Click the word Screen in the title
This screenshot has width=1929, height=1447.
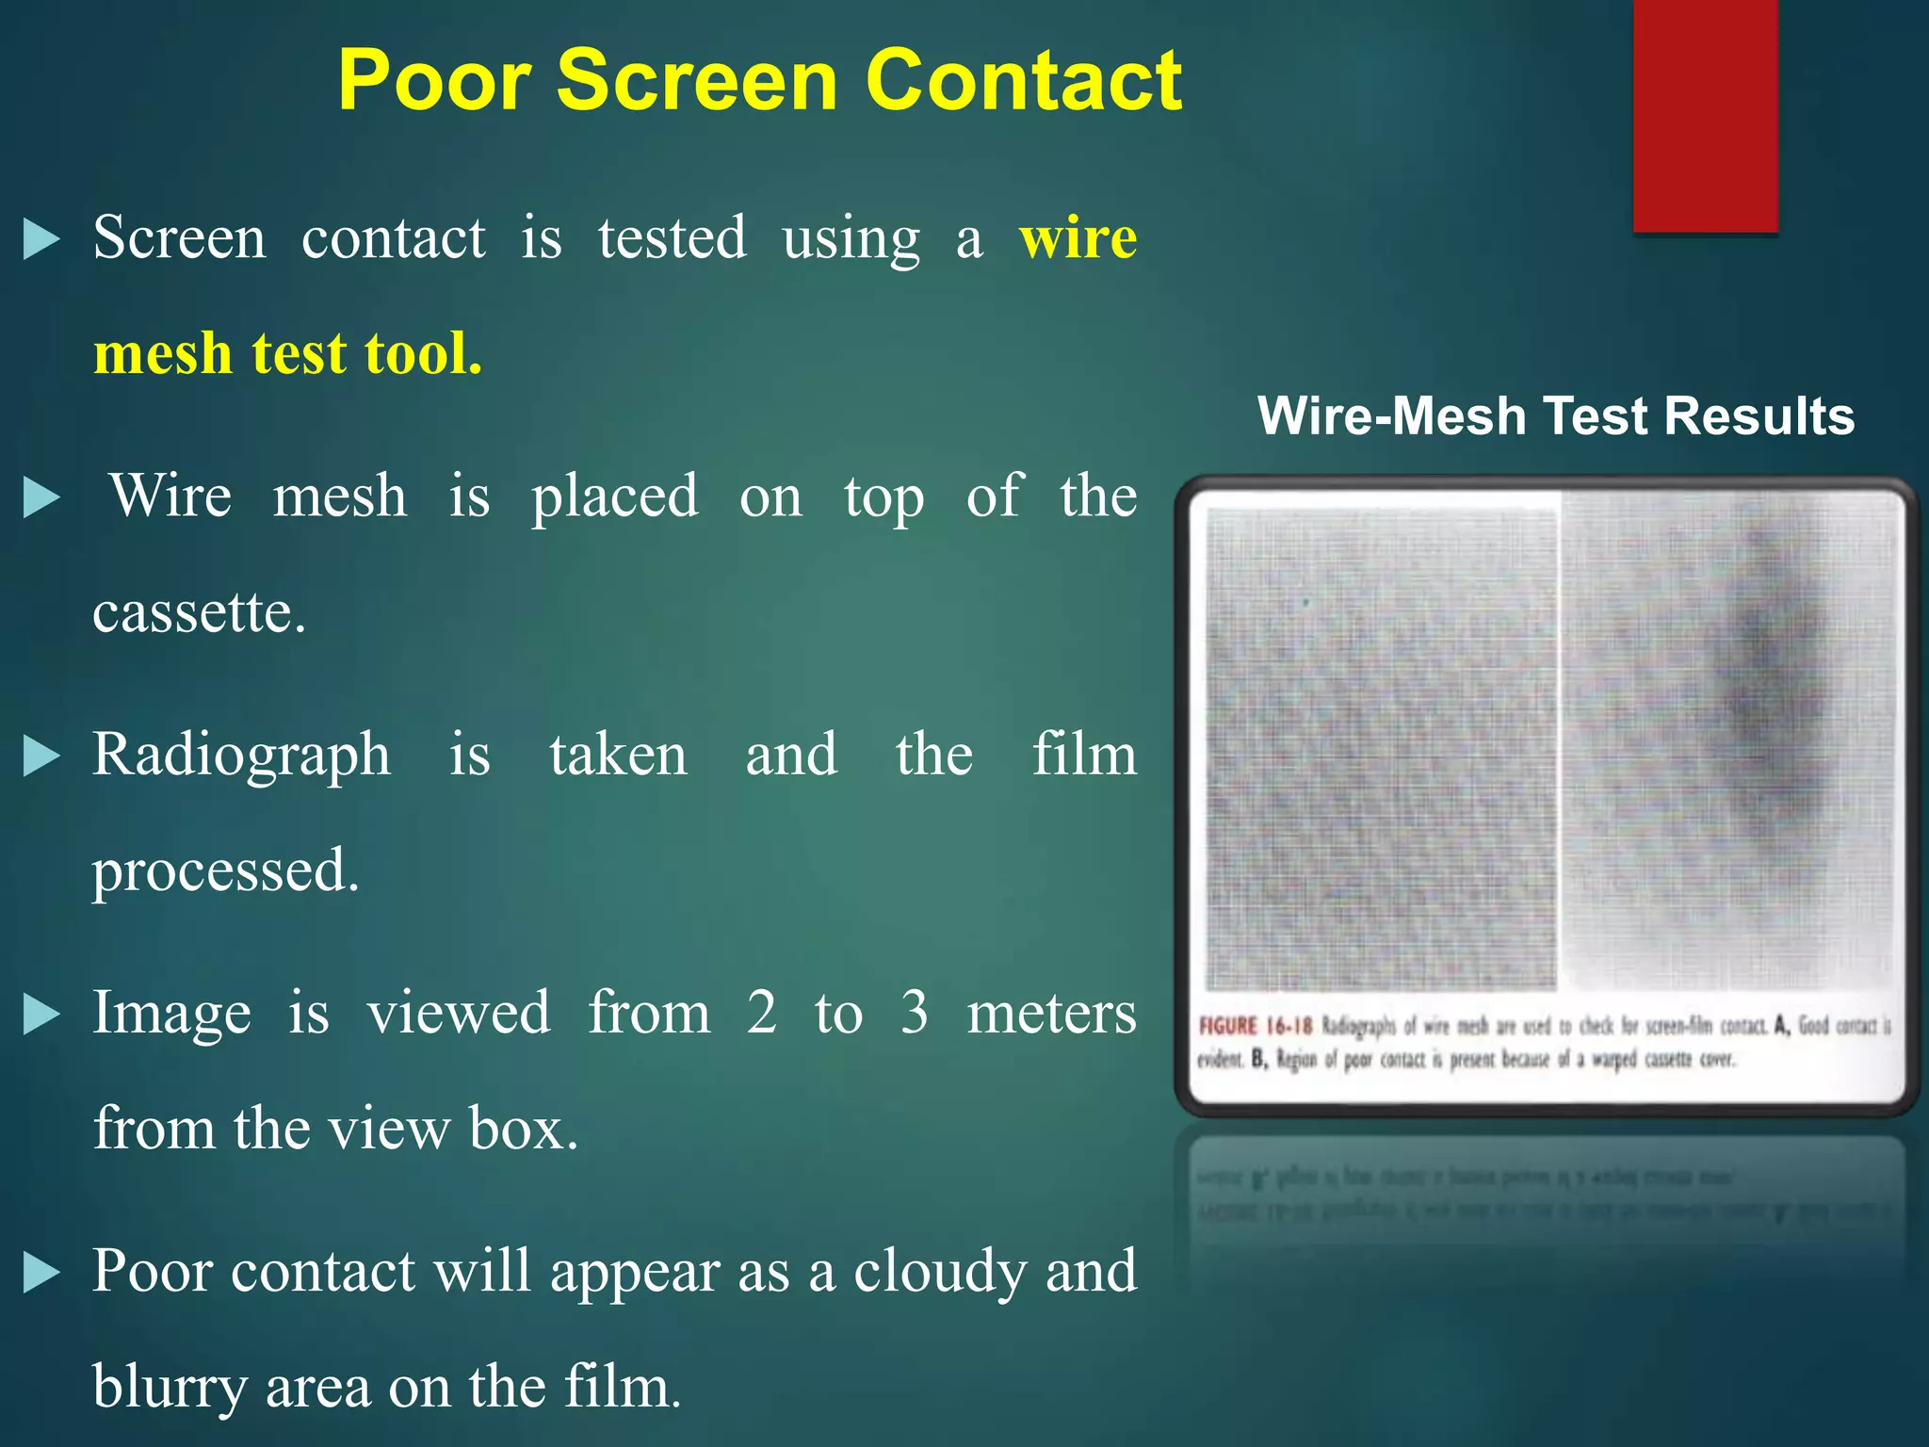click(x=697, y=81)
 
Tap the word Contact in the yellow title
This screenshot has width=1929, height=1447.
click(x=1023, y=81)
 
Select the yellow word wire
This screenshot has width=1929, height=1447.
click(x=1078, y=237)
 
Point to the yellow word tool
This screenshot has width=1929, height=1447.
click(x=423, y=354)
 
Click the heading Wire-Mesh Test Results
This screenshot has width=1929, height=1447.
click(x=1556, y=415)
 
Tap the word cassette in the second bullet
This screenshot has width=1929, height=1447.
click(x=199, y=612)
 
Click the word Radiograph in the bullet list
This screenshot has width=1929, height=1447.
click(x=241, y=756)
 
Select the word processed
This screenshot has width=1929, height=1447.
click(x=225, y=871)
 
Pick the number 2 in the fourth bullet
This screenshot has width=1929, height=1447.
click(x=762, y=1014)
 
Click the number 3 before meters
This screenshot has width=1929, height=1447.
click(x=914, y=1014)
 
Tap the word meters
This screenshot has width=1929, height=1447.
click(x=1052, y=1014)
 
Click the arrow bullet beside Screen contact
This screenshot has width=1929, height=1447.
click(x=41, y=239)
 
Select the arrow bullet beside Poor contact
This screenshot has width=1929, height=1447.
click(x=41, y=1274)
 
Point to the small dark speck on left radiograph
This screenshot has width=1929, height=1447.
click(x=1305, y=601)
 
